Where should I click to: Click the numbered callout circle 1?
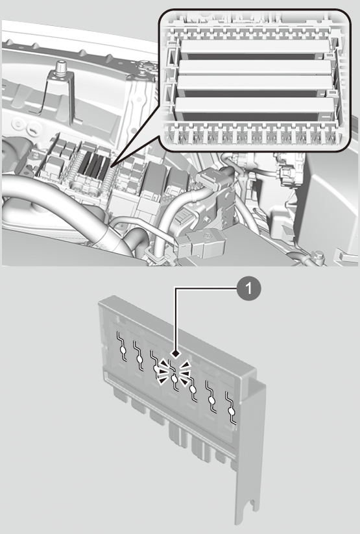248,289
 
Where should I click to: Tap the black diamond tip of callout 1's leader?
176,354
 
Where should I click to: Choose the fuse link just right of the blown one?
193,387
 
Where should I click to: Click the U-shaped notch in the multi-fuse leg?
252,505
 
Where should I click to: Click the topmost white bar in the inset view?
254,47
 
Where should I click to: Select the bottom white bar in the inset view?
254,105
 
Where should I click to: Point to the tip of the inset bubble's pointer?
111,167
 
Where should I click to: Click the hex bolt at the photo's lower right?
318,255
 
